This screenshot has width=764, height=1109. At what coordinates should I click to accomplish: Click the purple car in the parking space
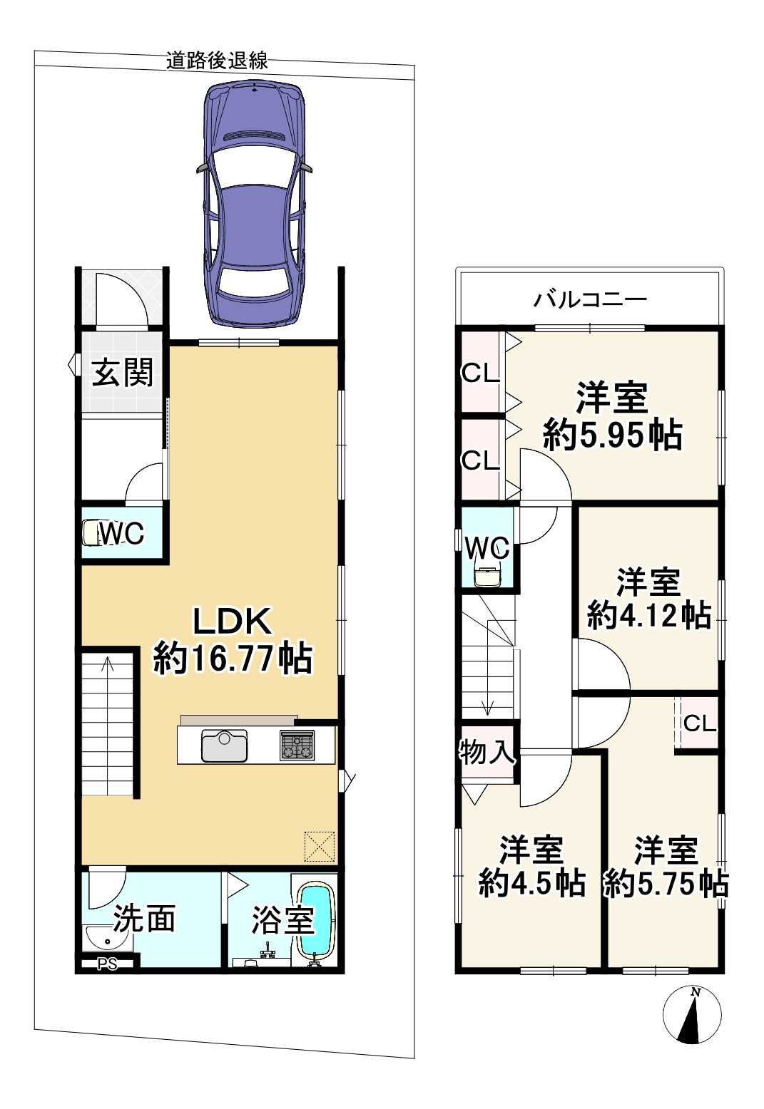pos(254,203)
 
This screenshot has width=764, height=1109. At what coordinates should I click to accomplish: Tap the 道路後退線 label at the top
pos(217,61)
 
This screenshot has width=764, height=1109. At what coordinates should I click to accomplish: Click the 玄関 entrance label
pos(123,372)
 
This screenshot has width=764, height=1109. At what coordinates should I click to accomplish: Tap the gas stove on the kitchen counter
pos(297,746)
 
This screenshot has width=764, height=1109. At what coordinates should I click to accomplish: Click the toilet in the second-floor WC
pos(487,577)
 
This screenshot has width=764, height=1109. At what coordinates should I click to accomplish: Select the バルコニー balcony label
pos(590,299)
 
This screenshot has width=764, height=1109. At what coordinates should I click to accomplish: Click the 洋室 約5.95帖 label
pos(612,417)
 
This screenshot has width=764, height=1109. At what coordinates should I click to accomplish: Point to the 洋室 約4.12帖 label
pos(648,599)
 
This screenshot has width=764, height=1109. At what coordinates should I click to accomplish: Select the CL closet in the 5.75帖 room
pos(699,723)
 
